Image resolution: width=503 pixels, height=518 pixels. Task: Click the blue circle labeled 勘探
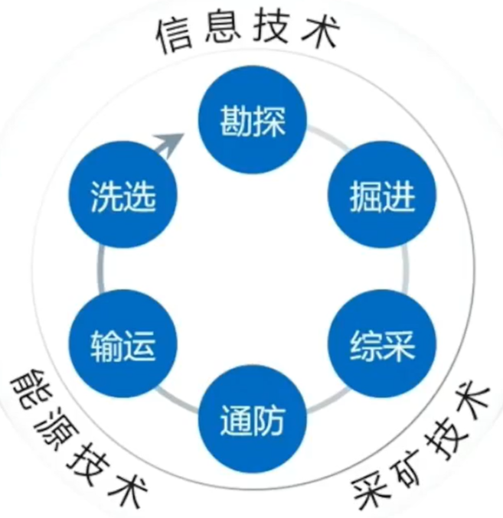click(x=253, y=122)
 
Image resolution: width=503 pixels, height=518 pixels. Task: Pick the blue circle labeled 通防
click(x=253, y=420)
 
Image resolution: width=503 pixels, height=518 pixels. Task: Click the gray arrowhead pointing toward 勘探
click(x=171, y=142)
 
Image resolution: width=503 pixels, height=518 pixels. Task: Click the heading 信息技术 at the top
click(x=249, y=32)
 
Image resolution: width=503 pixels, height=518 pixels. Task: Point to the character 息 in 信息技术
click(x=222, y=31)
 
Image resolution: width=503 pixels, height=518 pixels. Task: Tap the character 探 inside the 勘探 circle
click(x=269, y=122)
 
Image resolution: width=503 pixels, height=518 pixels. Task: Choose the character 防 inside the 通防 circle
click(x=269, y=420)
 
